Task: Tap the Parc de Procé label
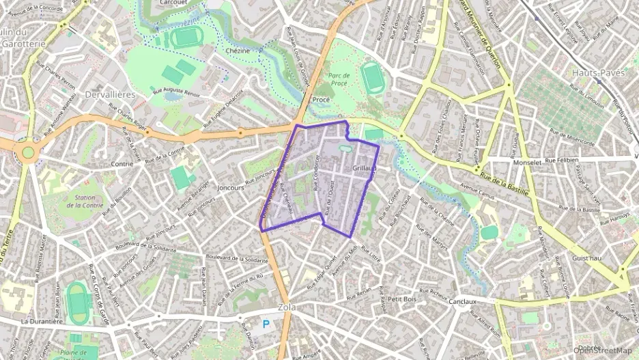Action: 339,79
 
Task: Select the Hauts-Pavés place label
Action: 599,72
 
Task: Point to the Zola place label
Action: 287,308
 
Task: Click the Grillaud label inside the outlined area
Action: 365,168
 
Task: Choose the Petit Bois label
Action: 401,299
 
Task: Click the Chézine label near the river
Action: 237,51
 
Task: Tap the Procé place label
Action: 320,100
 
